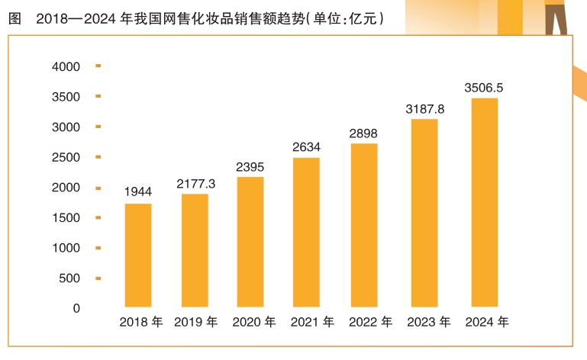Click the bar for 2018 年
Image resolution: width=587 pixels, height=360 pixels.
click(138, 255)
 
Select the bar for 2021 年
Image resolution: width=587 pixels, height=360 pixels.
click(306, 232)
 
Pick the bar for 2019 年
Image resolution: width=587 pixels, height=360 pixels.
click(195, 250)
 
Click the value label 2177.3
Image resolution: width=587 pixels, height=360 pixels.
click(195, 183)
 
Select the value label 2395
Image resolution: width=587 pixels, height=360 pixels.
click(250, 166)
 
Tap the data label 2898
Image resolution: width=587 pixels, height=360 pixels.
click(363, 133)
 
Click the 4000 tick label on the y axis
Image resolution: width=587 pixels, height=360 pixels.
click(66, 67)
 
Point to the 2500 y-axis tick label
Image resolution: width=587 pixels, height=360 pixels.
click(66, 158)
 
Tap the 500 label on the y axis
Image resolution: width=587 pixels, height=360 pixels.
click(69, 278)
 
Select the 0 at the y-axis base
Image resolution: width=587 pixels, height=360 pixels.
click(76, 308)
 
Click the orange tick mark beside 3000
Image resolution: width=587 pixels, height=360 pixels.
click(98, 127)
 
